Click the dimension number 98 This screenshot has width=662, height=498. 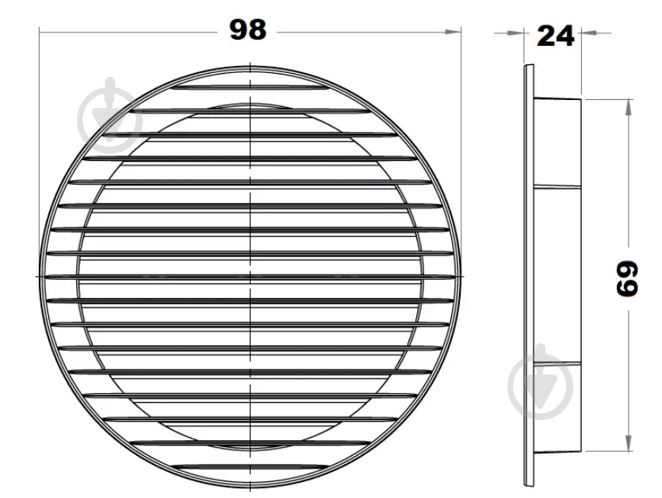coord(248,29)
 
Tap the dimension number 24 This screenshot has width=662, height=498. coord(555,36)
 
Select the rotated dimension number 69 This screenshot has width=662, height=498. coord(626,278)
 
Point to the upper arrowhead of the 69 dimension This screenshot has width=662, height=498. coord(629,107)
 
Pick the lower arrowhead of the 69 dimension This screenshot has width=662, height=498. coord(629,443)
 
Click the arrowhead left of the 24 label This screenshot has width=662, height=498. coord(516,33)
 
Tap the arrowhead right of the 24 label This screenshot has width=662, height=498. coord(589,33)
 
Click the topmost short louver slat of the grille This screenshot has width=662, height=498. coord(251,87)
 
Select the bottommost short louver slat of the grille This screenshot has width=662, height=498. coord(251,466)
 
